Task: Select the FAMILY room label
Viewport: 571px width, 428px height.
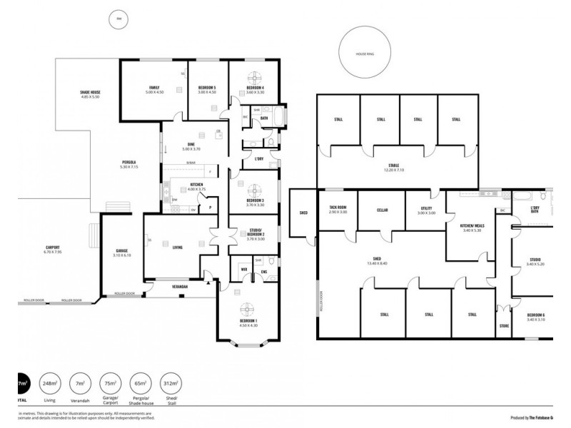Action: point(154,89)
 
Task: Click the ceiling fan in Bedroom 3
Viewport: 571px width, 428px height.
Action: point(256,190)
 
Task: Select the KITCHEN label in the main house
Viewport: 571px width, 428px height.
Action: point(197,187)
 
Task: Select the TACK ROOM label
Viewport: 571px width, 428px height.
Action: point(338,209)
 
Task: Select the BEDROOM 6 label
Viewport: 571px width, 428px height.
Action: point(536,317)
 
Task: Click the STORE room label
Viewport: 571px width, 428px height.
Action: point(504,325)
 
